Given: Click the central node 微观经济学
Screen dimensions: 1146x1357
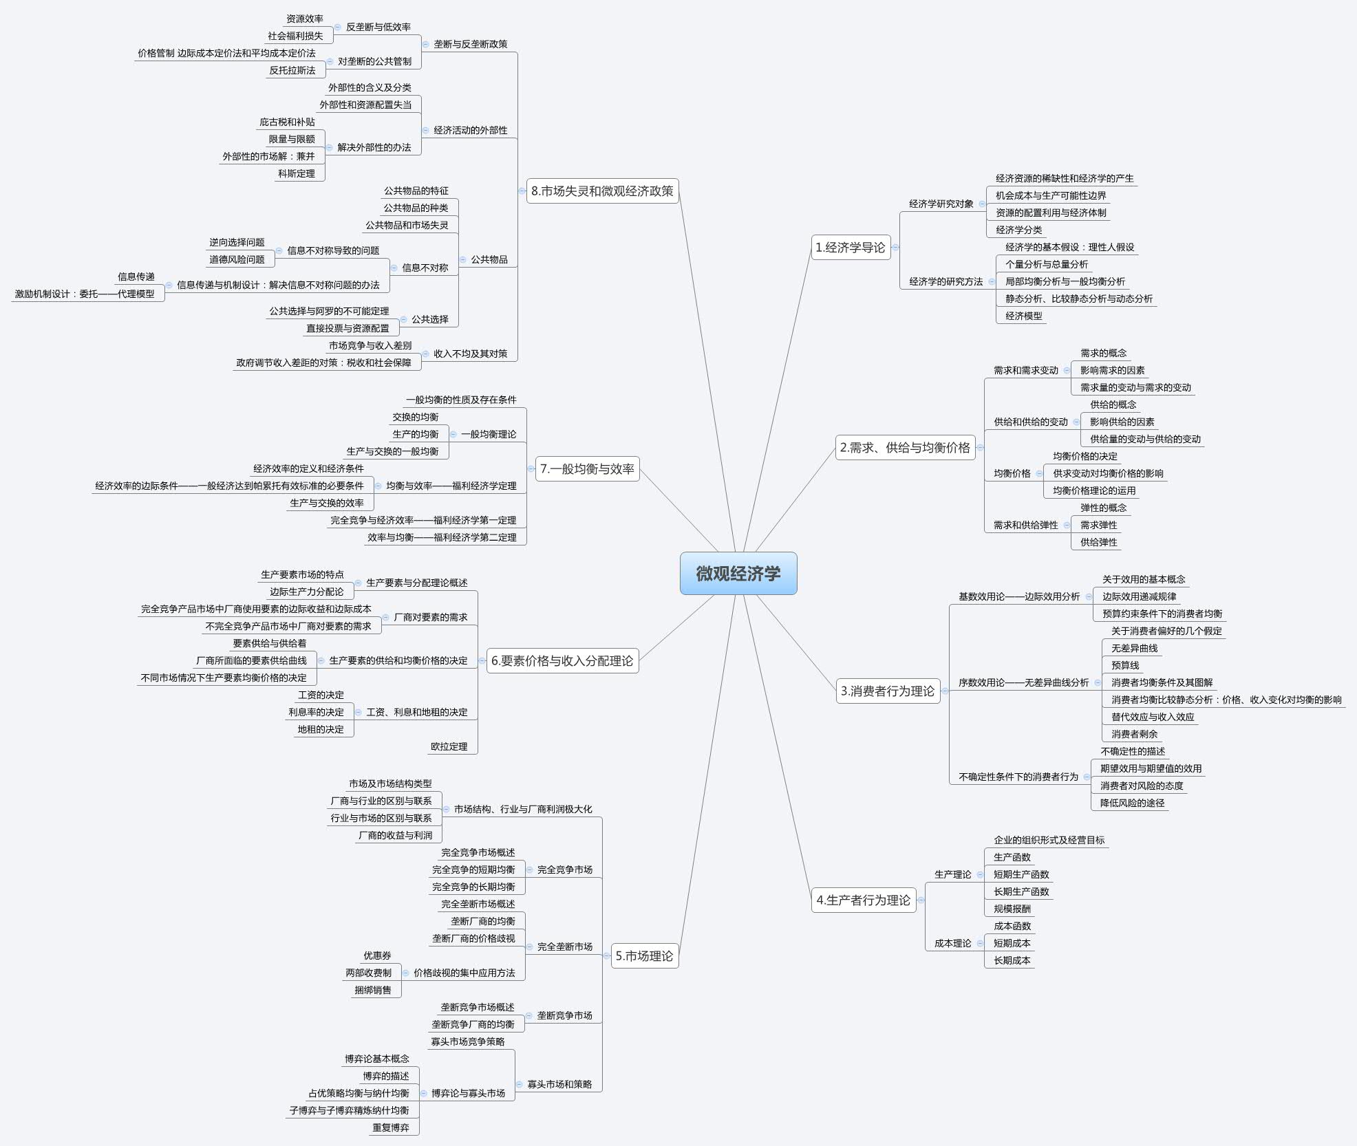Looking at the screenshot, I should [738, 574].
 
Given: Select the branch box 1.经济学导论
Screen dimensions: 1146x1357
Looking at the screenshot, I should [851, 248].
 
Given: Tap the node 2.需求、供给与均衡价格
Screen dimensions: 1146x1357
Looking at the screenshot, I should [904, 448].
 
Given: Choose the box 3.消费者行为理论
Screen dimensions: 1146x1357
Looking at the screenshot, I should [888, 691].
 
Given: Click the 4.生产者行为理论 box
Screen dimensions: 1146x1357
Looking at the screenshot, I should [864, 900].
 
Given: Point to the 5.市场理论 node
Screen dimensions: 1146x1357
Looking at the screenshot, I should [644, 955].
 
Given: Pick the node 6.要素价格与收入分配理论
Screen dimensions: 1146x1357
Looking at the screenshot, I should [562, 660].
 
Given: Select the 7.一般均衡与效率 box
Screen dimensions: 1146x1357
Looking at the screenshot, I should [587, 468].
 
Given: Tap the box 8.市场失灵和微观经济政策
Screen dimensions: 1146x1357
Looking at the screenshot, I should [602, 191].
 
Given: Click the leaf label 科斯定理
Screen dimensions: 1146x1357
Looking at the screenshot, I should [297, 173].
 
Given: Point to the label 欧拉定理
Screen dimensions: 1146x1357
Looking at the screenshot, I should [449, 746].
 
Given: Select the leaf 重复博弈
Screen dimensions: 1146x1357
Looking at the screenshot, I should [391, 1127].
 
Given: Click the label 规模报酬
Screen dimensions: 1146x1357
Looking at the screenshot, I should [1012, 909].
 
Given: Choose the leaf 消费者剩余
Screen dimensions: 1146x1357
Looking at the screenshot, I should [1134, 734].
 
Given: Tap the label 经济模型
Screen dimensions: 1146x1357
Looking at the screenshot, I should [1023, 316].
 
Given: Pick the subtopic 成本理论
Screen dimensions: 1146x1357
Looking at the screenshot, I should [952, 943].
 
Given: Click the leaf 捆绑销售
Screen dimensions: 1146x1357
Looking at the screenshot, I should [372, 990].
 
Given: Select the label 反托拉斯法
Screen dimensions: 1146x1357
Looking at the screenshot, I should [292, 70].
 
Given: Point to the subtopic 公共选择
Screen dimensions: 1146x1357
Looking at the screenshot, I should [430, 319].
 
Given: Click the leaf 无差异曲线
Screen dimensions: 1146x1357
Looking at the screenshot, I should [1134, 648].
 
